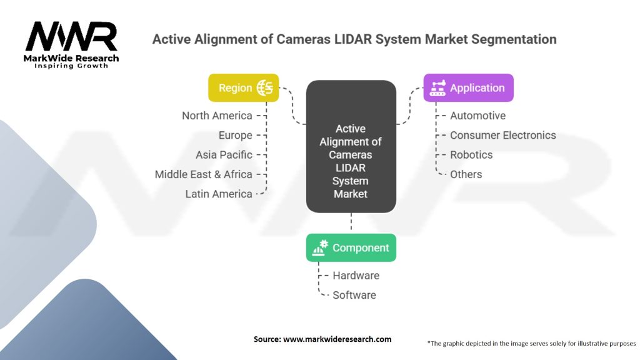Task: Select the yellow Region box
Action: click(243, 87)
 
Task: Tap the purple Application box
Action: click(468, 87)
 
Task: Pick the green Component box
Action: click(351, 247)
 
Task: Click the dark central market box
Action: click(351, 147)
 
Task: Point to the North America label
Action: click(217, 116)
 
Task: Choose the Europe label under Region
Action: click(235, 135)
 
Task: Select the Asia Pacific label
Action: click(224, 154)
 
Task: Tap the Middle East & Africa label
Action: click(203, 174)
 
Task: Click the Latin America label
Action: click(218, 194)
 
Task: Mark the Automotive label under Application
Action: click(477, 116)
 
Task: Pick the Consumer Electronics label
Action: click(502, 135)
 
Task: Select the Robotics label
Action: click(471, 154)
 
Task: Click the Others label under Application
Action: click(466, 174)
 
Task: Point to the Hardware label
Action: click(356, 275)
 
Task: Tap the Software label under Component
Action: click(354, 294)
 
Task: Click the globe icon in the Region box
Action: click(265, 87)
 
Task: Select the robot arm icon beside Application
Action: click(437, 87)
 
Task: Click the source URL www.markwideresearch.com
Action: click(337, 339)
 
